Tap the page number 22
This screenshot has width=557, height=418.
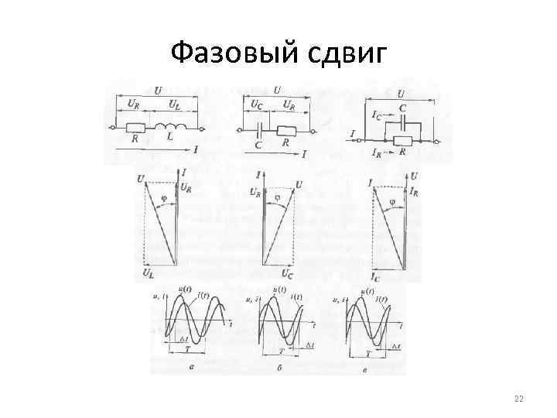519,399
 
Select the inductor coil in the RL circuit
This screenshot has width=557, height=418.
172,126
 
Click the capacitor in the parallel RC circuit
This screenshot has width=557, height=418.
402,120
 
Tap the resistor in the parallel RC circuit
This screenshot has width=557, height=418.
402,141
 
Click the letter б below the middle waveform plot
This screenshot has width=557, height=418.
277,369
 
